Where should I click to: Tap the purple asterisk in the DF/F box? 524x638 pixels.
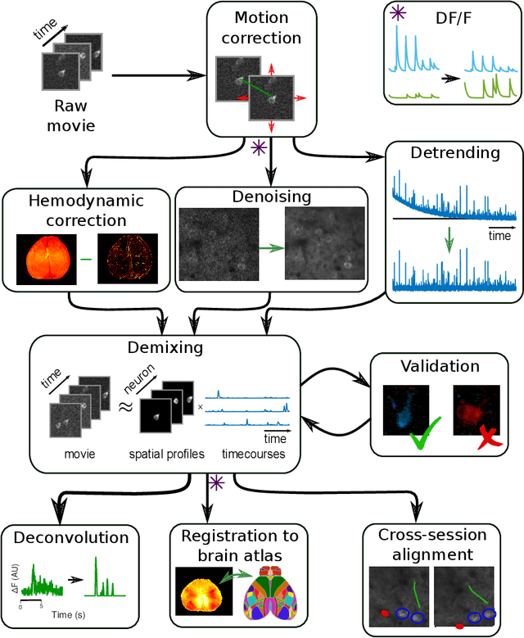tap(398, 15)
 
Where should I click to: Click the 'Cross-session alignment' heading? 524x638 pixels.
tap(432, 545)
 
